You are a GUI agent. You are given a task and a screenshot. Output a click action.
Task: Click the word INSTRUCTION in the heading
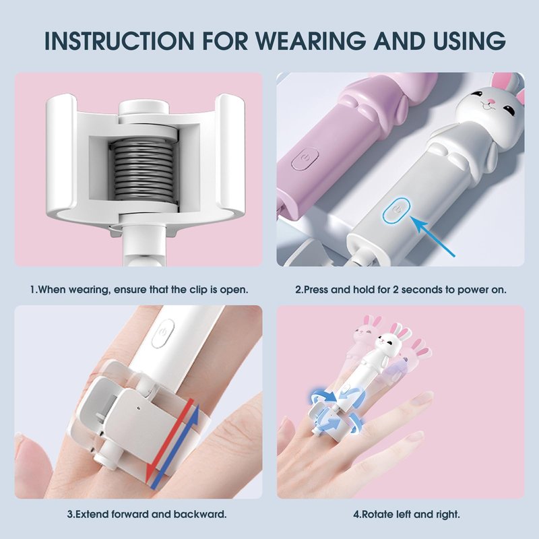pyautogui.click(x=119, y=40)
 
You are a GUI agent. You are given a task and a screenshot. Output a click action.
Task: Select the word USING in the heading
pyautogui.click(x=468, y=40)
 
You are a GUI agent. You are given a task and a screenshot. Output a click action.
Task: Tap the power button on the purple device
pyautogui.click(x=305, y=158)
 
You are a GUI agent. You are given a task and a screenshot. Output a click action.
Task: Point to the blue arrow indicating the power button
pyautogui.click(x=433, y=237)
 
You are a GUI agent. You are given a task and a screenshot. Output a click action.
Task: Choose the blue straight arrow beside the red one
pyautogui.click(x=175, y=447)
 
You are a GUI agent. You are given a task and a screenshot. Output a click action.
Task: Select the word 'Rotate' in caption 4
pyautogui.click(x=377, y=514)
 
